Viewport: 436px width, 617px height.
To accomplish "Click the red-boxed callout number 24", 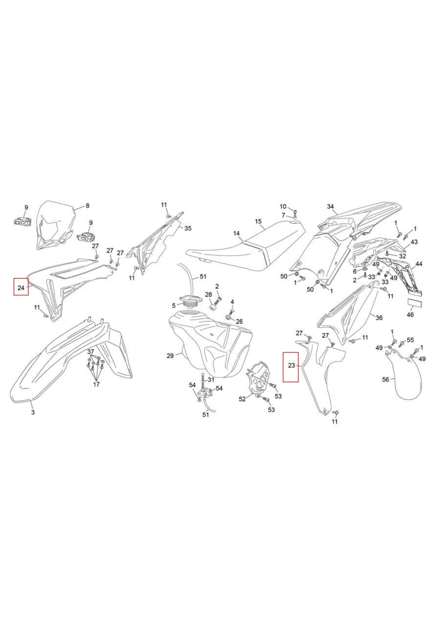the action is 21,288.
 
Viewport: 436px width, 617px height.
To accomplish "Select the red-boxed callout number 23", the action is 291,365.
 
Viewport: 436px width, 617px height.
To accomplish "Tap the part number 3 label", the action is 33,412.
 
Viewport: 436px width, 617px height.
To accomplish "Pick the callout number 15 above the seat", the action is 258,221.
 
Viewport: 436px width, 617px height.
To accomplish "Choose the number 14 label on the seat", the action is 236,233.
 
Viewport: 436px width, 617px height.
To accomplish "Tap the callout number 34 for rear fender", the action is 330,206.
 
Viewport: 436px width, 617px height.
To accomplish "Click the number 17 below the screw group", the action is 96,384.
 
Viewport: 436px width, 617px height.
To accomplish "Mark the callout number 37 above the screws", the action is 91,352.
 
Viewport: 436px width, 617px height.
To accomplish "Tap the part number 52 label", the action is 242,399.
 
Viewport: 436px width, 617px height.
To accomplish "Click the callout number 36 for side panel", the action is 379,318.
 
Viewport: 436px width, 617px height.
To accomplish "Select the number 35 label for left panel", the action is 188,228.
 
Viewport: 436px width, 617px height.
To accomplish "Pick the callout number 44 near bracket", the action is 419,264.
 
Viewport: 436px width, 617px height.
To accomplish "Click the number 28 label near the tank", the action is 209,295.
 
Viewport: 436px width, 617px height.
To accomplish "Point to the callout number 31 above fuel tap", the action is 211,380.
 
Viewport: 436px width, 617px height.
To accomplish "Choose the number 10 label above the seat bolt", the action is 283,206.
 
